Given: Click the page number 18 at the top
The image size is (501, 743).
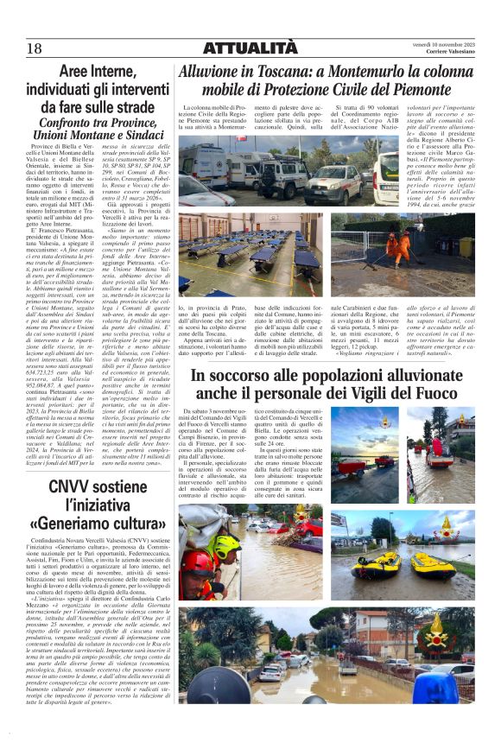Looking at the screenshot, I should click(x=35, y=48).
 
